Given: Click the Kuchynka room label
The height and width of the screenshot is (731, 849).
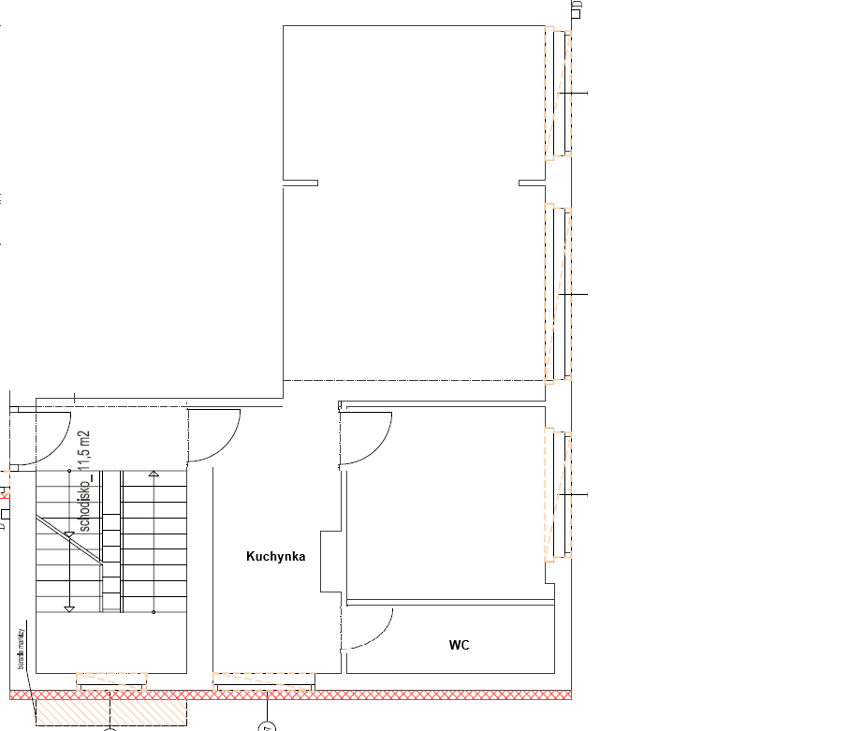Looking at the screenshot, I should (276, 557).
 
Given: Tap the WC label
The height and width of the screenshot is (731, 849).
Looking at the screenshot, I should (459, 645).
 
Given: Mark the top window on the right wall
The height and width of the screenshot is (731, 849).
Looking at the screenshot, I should (559, 94).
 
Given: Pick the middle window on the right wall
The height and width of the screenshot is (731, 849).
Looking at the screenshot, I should (559, 294).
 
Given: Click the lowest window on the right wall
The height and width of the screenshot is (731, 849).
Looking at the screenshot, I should (559, 493).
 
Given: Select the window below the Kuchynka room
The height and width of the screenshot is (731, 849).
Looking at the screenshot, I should (264, 681).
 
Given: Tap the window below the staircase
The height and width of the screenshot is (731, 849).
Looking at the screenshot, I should (111, 681).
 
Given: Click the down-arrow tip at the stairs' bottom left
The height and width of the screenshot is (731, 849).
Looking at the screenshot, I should (69, 609).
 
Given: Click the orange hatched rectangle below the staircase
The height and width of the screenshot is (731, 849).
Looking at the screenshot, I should (110, 710).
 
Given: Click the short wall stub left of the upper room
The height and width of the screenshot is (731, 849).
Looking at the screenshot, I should (300, 183).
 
